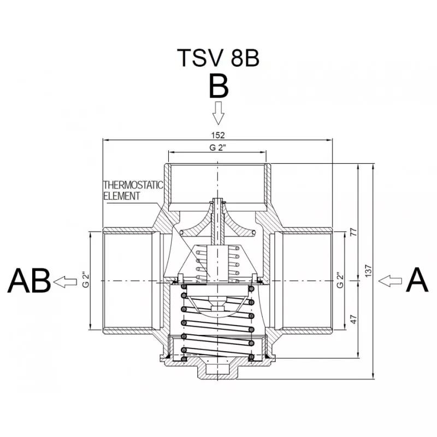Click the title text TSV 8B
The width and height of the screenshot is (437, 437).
[218, 58]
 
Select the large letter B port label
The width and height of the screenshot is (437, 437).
[218, 86]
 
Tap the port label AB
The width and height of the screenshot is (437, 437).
[29, 280]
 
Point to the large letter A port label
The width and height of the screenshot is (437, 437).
[417, 280]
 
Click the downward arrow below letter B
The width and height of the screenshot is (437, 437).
[218, 113]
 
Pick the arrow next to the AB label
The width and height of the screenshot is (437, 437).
[65, 282]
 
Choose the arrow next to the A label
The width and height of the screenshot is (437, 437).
[390, 281]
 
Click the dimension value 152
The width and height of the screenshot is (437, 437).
[217, 135]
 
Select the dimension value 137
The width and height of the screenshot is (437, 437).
[368, 271]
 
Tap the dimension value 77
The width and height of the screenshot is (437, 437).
[353, 232]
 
